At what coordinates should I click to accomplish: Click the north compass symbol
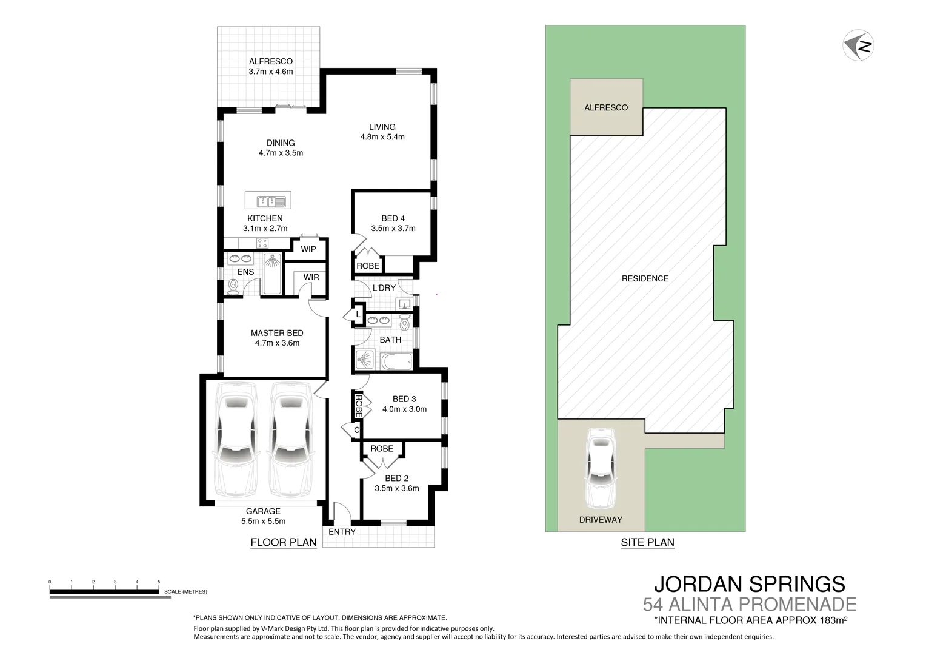tap(858, 45)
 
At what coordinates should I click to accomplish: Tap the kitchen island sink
tap(268, 201)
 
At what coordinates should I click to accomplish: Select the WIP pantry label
tap(308, 249)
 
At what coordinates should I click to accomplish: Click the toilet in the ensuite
tap(232, 286)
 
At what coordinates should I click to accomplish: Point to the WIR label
tap(311, 277)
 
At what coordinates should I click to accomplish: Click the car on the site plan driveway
tap(600, 469)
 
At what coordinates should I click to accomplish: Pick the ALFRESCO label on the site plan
tap(606, 107)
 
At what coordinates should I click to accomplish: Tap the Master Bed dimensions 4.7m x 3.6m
tap(277, 343)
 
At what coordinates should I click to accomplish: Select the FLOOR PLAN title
tap(284, 542)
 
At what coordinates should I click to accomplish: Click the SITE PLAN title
tap(647, 542)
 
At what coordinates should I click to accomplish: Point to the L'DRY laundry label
tap(384, 288)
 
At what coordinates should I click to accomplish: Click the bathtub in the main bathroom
tap(397, 361)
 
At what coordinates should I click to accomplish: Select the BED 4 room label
tap(393, 218)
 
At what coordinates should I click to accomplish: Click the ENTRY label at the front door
tap(342, 532)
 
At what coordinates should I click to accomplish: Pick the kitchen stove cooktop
tap(262, 243)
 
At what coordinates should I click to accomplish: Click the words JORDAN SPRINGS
tap(749, 584)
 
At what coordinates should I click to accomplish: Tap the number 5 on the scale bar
tap(159, 582)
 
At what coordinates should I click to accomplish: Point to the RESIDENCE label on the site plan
tap(645, 278)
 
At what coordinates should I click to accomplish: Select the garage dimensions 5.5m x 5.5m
tap(263, 521)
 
